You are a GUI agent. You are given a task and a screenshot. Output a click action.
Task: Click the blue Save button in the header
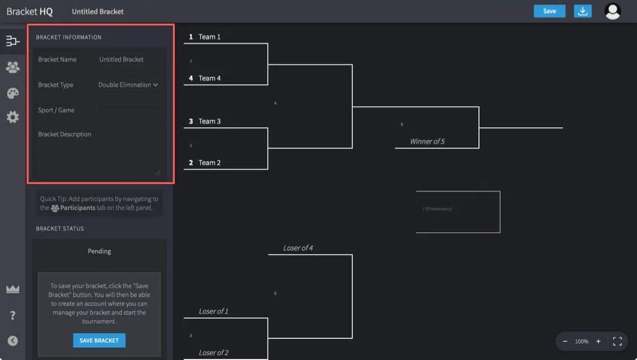coord(549,11)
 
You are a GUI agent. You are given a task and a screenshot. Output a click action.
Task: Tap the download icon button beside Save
coord(582,11)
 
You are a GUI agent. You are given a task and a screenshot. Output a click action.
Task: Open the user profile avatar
coord(613,11)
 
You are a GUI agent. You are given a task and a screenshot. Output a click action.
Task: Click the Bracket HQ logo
coord(29,11)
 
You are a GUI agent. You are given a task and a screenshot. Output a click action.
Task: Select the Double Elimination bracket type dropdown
coord(128,85)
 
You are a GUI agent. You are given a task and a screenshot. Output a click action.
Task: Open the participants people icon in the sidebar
coord(12,67)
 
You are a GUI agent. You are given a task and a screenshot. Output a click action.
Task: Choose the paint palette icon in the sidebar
coord(12,93)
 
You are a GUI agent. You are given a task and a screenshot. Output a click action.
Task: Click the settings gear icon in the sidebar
coord(12,117)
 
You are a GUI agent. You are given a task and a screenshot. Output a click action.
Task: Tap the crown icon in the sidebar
coord(12,289)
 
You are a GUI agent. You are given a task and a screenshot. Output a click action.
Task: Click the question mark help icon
coord(12,315)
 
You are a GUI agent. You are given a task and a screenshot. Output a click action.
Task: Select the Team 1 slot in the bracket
coord(210,37)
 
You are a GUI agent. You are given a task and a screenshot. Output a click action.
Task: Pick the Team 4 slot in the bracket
coord(210,78)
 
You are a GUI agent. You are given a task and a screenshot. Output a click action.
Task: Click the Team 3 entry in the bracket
coord(210,121)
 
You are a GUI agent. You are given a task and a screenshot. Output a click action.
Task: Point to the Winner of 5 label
coord(427,142)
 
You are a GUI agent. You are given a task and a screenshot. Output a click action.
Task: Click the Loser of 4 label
coord(298,248)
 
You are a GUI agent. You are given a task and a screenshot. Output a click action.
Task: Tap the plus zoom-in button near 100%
coord(598,341)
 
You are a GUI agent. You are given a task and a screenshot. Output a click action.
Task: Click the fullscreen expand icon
coord(617,341)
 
